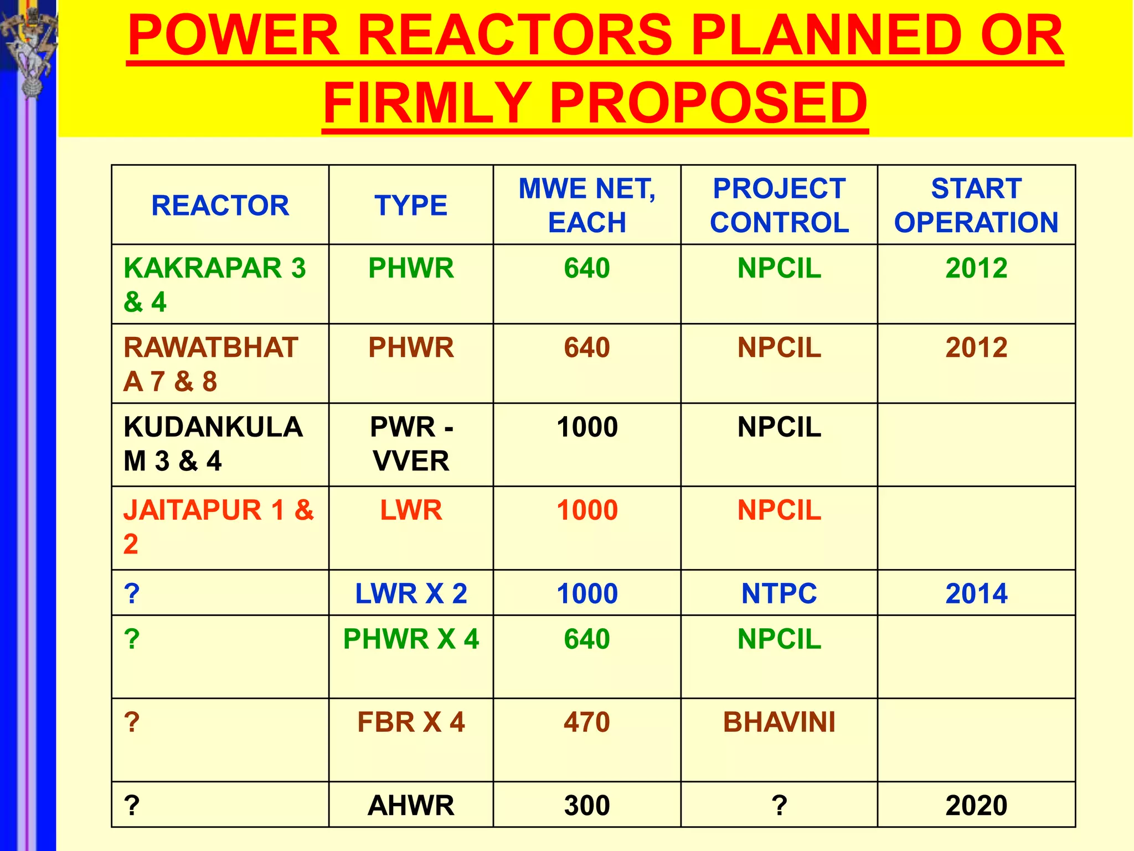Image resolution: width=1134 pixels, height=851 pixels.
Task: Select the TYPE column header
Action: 410,206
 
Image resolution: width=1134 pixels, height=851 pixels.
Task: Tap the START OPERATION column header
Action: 976,206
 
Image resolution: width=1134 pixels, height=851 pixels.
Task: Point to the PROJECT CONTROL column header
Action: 779,206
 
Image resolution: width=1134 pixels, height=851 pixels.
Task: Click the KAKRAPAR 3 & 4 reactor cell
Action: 214,285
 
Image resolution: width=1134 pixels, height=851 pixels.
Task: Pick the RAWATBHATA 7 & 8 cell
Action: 210,364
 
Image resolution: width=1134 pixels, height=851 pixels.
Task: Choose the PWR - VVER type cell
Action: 410,444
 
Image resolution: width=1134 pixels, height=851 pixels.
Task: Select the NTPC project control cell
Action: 779,593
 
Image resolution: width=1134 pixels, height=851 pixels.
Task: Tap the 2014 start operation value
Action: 976,593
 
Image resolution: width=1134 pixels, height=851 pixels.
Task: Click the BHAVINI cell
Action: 779,722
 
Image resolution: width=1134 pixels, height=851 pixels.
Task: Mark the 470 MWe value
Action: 586,722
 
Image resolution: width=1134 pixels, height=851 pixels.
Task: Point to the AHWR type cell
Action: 410,805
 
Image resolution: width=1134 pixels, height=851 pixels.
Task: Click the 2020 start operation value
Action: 976,805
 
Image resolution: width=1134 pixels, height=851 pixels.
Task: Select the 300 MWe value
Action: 586,805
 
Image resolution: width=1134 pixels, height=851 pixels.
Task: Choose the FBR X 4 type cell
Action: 410,722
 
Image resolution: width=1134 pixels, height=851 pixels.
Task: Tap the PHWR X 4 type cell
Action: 410,639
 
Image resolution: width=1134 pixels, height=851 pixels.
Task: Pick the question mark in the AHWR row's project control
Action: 779,805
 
